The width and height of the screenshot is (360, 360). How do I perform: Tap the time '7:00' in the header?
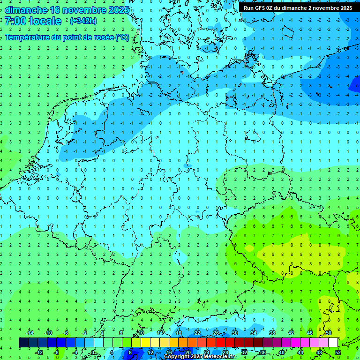coord(15,21)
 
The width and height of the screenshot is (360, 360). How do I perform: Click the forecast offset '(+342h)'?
coord(84,21)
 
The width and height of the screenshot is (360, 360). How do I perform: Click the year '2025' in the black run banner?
coord(343,8)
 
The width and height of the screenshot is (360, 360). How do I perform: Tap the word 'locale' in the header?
coord(45,21)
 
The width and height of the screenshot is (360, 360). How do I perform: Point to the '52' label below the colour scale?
coord(338,352)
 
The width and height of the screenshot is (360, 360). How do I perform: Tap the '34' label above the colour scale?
coord(253,333)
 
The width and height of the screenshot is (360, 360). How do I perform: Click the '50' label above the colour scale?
coord(329,333)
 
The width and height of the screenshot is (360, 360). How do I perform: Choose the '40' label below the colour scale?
coord(282,352)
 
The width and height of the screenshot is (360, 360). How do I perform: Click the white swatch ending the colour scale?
coord(333,343)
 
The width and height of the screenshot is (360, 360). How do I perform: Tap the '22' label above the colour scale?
coord(197,333)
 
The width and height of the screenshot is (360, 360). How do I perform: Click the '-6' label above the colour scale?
coord(66,333)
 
